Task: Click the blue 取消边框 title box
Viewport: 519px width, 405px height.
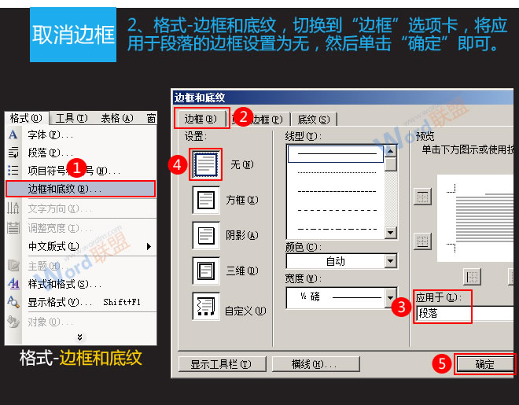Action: [x=72, y=35]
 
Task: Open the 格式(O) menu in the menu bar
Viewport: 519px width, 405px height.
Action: [x=26, y=118]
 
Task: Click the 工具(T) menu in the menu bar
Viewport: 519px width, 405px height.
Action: [x=70, y=118]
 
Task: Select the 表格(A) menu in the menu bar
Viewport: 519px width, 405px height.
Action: [x=116, y=118]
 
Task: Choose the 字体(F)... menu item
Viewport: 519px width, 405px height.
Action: [x=50, y=134]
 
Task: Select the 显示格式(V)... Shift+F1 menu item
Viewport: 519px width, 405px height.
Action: [x=79, y=301]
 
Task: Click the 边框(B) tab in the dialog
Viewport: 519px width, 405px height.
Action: [x=201, y=119]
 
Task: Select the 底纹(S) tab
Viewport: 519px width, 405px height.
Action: [x=313, y=120]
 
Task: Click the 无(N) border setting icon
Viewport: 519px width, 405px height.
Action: [x=205, y=164]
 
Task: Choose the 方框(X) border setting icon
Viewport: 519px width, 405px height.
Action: [x=205, y=200]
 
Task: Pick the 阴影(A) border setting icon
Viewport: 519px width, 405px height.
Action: [x=205, y=235]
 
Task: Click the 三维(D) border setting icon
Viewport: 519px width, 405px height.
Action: [x=205, y=271]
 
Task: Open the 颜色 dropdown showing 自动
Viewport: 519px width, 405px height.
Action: [x=340, y=261]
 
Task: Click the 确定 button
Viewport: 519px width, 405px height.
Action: [x=485, y=364]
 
